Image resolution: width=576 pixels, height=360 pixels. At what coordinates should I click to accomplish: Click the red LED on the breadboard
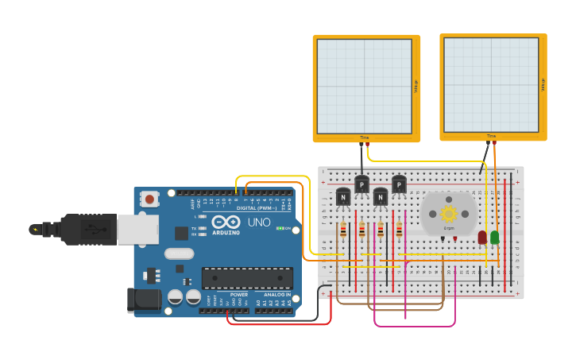tap(482, 237)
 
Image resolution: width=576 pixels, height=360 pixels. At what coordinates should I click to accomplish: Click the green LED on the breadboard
tap(495, 237)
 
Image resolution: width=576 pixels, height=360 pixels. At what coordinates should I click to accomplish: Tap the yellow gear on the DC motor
tap(449, 213)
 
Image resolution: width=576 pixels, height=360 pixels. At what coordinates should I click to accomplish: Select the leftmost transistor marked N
tap(343, 196)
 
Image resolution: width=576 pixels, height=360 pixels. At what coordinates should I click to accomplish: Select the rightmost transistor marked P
tap(399, 184)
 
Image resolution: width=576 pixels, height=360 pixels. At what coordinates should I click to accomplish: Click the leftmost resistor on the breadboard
tap(343, 230)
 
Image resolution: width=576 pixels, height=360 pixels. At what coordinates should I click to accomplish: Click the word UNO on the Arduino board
tap(259, 223)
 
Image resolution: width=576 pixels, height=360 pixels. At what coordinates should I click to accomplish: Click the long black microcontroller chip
tap(247, 277)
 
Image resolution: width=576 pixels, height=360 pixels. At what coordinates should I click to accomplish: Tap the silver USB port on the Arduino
tap(137, 229)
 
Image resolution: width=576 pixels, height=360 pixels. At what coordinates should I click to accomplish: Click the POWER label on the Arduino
tap(239, 294)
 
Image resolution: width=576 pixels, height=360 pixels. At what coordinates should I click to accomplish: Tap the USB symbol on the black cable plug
tap(94, 230)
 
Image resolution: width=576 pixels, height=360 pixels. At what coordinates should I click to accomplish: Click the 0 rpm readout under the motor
tap(449, 228)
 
